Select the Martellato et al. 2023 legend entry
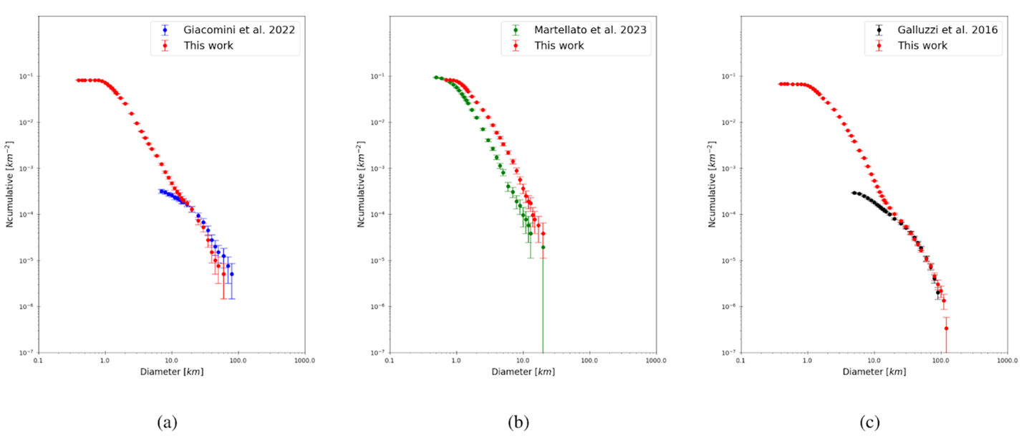(589, 30)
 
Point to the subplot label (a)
(167, 422)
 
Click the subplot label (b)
(518, 422)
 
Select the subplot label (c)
(871, 422)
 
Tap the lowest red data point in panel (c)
(947, 328)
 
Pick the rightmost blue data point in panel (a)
(232, 274)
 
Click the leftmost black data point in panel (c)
(854, 193)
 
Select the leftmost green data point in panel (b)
(435, 77)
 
